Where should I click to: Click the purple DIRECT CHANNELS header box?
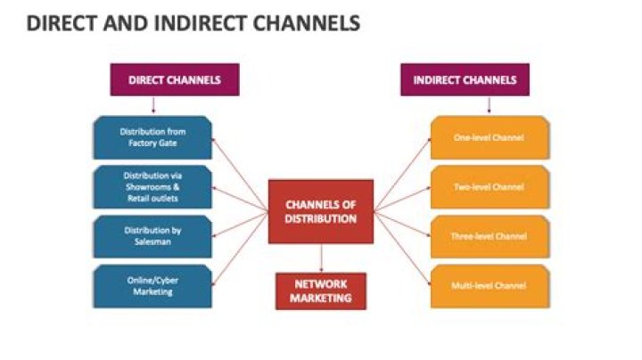(174, 79)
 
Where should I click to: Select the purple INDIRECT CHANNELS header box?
(464, 79)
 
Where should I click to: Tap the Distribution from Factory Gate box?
(152, 137)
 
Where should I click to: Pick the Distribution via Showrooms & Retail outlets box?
(152, 186)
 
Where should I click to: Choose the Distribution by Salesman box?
(152, 236)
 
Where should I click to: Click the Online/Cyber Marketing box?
(152, 286)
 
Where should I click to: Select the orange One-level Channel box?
(490, 137)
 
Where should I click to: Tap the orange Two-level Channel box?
(490, 187)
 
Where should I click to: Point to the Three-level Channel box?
(490, 236)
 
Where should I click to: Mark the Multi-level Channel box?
(490, 286)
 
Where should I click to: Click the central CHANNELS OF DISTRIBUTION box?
(321, 211)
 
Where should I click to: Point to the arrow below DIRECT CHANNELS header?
(153, 105)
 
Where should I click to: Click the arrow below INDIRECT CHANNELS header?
(489, 105)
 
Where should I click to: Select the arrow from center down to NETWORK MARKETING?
(321, 258)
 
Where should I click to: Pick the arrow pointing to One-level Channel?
(401, 174)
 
